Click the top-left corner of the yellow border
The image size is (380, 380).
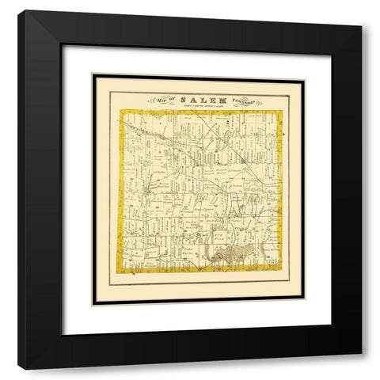click(121, 112)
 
